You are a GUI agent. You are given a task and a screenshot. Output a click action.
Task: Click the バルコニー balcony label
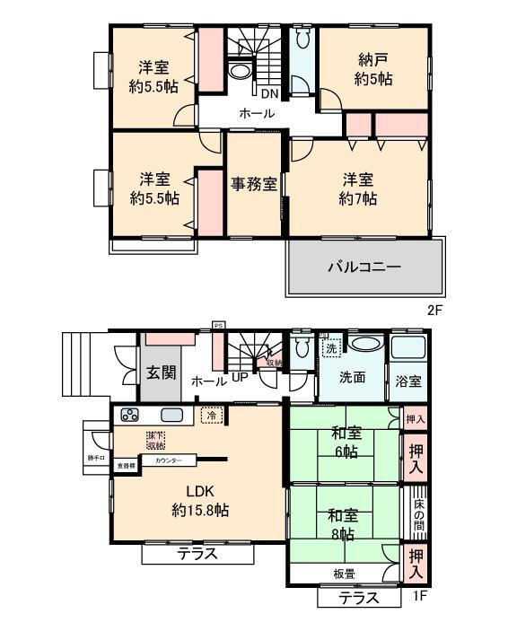tap(363, 267)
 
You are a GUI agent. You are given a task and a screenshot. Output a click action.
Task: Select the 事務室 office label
tap(254, 184)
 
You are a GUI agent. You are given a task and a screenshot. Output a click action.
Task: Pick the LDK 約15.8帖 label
tap(199, 501)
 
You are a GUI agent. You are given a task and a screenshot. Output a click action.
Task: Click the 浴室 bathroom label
tap(407, 380)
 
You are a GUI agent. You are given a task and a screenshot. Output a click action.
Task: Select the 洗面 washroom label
tap(353, 378)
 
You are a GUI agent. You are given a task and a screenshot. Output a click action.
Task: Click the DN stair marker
tap(269, 92)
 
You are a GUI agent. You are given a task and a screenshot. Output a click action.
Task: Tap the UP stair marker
tap(240, 378)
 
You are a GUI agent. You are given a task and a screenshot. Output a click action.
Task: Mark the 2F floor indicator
tap(435, 311)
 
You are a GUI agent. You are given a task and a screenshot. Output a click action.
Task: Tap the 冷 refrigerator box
tap(211, 416)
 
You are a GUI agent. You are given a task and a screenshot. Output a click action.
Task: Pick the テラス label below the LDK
tap(197, 553)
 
